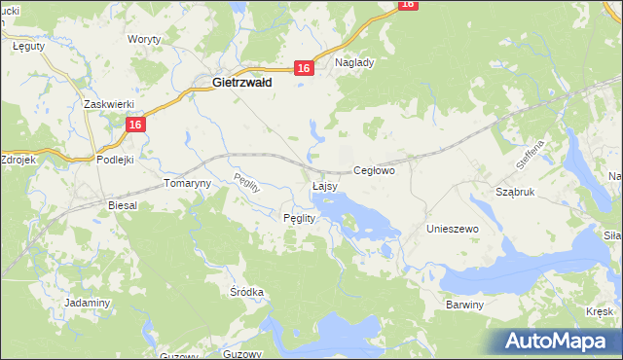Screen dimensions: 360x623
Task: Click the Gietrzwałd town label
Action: (x=241, y=84)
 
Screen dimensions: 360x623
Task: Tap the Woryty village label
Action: (x=145, y=40)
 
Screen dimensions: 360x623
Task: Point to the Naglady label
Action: (x=354, y=61)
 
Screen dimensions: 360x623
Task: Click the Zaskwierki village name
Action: (x=107, y=103)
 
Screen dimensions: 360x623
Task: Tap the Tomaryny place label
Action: (x=187, y=183)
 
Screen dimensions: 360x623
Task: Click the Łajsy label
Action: (x=325, y=185)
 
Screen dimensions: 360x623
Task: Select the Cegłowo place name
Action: (x=374, y=170)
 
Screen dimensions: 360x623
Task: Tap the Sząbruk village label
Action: (x=515, y=193)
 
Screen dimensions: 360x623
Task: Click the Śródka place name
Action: (x=246, y=291)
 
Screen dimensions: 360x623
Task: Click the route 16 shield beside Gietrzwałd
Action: (x=304, y=67)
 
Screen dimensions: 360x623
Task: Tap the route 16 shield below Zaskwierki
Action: (x=135, y=125)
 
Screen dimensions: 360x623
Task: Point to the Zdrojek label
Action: (x=18, y=159)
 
